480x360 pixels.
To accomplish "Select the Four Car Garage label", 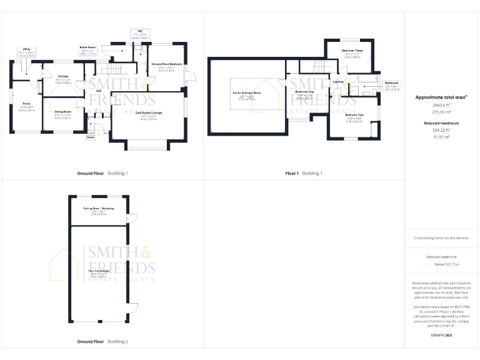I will pyautogui.click(x=99, y=272).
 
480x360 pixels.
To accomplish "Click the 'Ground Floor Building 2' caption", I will pyautogui.click(x=102, y=342).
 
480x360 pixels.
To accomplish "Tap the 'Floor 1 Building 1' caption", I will pyautogui.click(x=303, y=173).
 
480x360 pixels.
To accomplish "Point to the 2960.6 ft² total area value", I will pyautogui.click(x=441, y=106).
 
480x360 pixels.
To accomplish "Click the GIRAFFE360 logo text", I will pyautogui.click(x=441, y=336).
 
